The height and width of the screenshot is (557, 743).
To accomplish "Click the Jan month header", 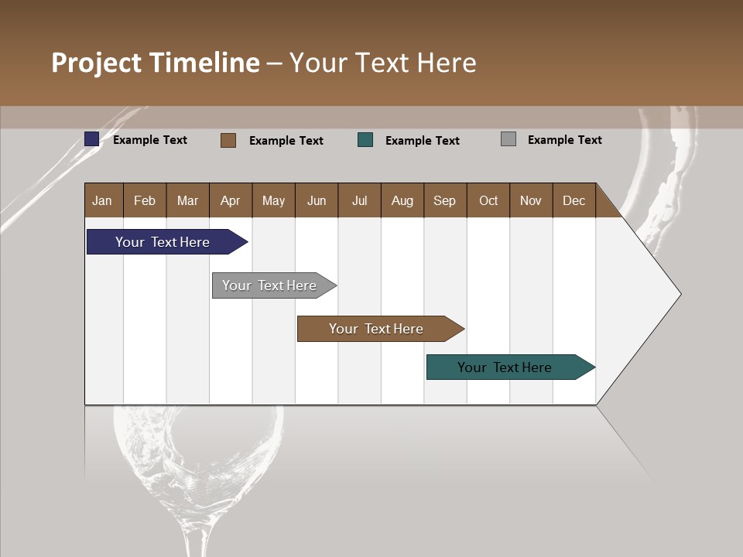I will [x=102, y=200].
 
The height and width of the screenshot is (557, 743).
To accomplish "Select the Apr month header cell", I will [x=230, y=200].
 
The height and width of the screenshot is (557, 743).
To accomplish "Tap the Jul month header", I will [x=359, y=200].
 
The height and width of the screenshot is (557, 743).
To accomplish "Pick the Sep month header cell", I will [x=444, y=200].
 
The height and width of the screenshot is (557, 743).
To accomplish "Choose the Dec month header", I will [x=574, y=200].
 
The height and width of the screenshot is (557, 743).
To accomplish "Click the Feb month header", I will [x=145, y=200].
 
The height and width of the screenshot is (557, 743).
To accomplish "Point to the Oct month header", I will [x=488, y=200].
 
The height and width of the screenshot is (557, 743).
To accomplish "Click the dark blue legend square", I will [x=92, y=139].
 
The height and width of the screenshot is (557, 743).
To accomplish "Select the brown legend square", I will [x=228, y=140].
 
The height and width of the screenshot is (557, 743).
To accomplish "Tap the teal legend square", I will [x=365, y=140].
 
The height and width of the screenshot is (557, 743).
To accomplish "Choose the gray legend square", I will [x=508, y=139].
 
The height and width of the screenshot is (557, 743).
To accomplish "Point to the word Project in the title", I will [x=97, y=63].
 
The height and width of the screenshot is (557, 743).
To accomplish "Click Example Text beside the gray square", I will [x=564, y=140].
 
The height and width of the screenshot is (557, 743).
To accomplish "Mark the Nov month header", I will [x=530, y=200].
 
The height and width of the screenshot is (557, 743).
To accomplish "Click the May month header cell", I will [x=273, y=200].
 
